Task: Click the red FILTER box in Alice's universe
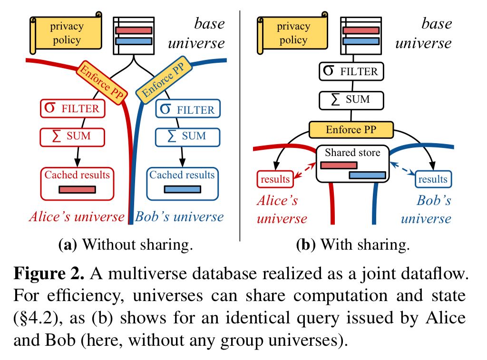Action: pos(71,108)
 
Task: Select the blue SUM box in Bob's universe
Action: pos(188,136)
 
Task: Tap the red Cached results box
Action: pos(77,183)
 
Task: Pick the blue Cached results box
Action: pos(182,183)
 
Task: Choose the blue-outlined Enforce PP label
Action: pos(160,81)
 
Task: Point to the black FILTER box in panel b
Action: pos(351,72)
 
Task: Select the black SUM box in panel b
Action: pos(351,100)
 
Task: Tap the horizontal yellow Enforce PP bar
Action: pos(351,129)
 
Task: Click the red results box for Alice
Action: pos(275,179)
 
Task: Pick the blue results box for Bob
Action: pos(433,179)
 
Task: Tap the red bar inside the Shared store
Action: pos(339,165)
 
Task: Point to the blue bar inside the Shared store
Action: pos(367,175)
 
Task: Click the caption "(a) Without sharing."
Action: pos(126,245)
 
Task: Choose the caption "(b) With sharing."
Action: pos(352,245)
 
